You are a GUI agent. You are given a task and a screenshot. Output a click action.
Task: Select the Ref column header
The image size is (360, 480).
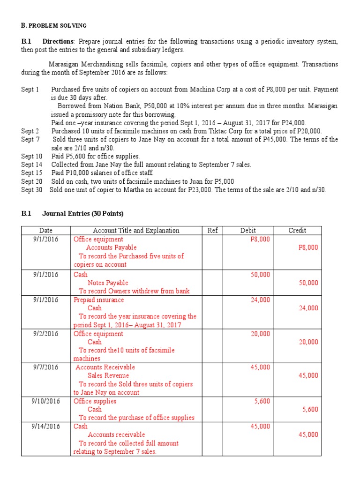[212, 230]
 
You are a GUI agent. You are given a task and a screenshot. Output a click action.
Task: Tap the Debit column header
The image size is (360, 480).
[248, 230]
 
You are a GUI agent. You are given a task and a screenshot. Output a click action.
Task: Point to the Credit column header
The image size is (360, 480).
[297, 230]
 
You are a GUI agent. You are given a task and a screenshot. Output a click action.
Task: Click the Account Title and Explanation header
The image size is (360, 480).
[136, 230]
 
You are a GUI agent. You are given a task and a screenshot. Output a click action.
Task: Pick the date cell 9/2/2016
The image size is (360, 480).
[45, 334]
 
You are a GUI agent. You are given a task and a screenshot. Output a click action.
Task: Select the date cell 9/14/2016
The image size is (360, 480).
[45, 426]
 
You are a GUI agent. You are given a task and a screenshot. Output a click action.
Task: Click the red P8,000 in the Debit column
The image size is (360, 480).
[261, 239]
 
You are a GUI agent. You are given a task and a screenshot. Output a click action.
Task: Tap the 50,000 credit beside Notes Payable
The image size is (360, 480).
[308, 283]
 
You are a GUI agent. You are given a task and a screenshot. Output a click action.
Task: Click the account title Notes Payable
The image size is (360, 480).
[108, 283]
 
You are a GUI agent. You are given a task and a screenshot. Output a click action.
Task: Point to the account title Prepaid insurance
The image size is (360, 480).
[98, 300]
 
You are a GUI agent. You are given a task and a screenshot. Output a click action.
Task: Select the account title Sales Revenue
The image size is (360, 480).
[108, 375]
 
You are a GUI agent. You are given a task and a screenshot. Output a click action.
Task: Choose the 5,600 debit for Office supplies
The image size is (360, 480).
[262, 401]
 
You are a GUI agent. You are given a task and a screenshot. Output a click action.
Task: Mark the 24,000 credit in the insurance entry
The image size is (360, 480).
[308, 308]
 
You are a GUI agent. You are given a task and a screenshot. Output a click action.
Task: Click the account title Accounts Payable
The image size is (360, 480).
[111, 247]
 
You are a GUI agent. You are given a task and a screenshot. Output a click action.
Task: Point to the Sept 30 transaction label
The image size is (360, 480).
[31, 190]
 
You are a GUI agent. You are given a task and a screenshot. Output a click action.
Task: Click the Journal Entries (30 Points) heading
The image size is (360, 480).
[83, 213]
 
